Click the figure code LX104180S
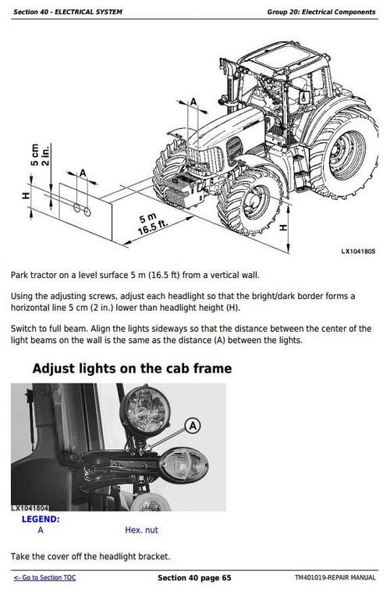pyautogui.click(x=358, y=251)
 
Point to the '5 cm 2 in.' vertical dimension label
pyautogui.click(x=40, y=154)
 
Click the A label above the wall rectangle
pyautogui.click(x=83, y=173)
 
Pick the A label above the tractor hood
pyautogui.click(x=193, y=99)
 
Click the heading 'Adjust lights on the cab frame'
pyautogui.click(x=132, y=368)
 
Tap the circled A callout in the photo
pyautogui.click(x=193, y=426)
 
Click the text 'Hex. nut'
pyautogui.click(x=141, y=530)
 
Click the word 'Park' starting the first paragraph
pyautogui.click(x=20, y=275)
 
